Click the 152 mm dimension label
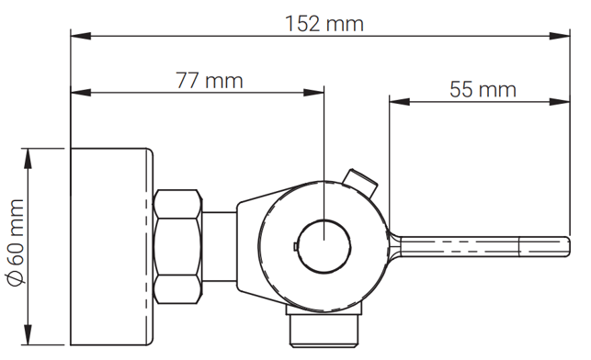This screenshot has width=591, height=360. coord(324,24)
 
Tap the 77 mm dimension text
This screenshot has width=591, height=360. coord(210,80)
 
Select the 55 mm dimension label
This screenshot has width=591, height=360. coord(483,90)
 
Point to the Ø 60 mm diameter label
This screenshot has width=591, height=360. coord(16,242)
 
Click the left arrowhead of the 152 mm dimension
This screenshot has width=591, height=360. coord(81,36)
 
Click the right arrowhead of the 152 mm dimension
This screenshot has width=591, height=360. coord(560,36)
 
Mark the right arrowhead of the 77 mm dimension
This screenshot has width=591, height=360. coord(313,92)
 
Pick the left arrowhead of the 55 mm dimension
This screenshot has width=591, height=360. coord(400,102)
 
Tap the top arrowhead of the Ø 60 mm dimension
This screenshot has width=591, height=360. coord(28,158)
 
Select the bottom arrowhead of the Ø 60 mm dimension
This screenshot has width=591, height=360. coord(28,334)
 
